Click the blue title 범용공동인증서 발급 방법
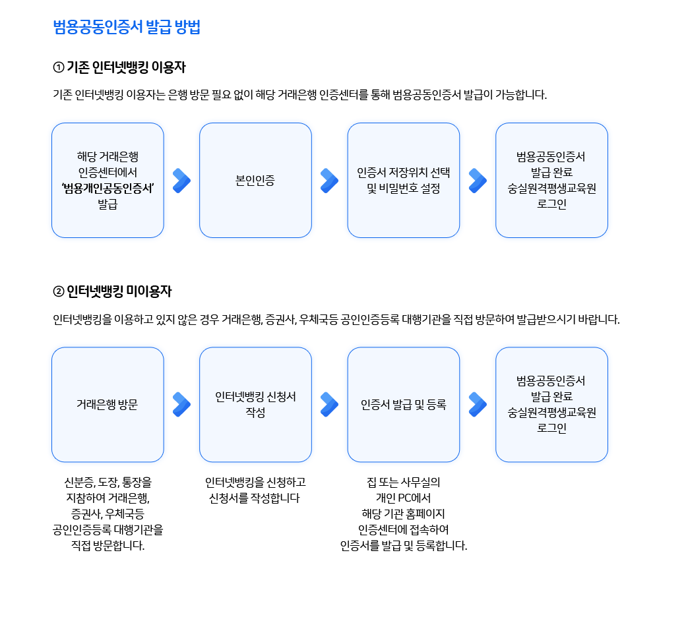pos(127,27)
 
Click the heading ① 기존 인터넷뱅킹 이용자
pos(119,67)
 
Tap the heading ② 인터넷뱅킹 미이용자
pos(112,291)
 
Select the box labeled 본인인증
pos(255,180)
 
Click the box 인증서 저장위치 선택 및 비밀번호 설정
pos(403,180)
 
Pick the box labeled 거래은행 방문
pos(108,404)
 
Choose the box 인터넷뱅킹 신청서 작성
pos(255,404)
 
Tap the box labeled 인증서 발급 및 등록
pos(403,404)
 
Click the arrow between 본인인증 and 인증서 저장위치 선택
pos(329,181)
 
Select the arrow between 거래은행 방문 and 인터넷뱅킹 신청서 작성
pos(181,405)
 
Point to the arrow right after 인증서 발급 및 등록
pos(478,405)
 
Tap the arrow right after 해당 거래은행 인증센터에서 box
pos(181,181)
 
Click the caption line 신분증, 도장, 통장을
pos(108,482)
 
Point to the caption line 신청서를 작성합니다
pos(255,498)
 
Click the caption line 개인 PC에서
pos(403,498)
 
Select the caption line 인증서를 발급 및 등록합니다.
pos(403,546)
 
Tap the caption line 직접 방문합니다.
pos(108,546)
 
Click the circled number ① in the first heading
pos(58,68)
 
